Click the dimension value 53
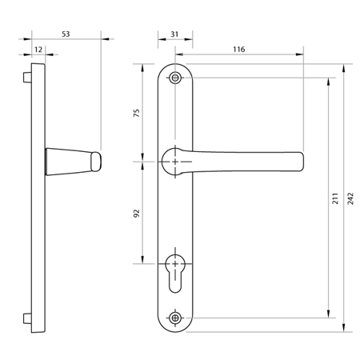66,34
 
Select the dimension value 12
38,50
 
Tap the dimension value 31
174,34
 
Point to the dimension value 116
239,50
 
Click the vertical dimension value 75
137,113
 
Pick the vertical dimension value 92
137,214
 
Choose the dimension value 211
335,198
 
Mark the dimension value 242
350,198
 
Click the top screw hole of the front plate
175,78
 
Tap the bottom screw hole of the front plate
175,318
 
